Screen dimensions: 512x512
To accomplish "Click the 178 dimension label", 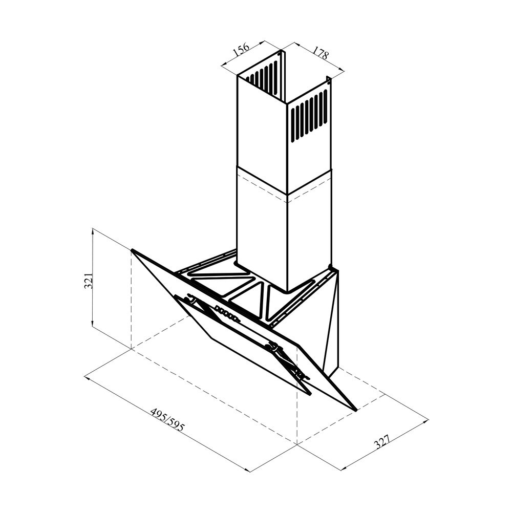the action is click(320, 53).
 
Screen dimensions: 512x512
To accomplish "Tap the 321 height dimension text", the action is click(89, 280).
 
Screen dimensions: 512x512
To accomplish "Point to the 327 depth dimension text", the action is click(382, 441).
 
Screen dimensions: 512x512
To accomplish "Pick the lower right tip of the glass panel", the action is click(356, 410).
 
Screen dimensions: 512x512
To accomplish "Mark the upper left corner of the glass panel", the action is click(132, 250).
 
